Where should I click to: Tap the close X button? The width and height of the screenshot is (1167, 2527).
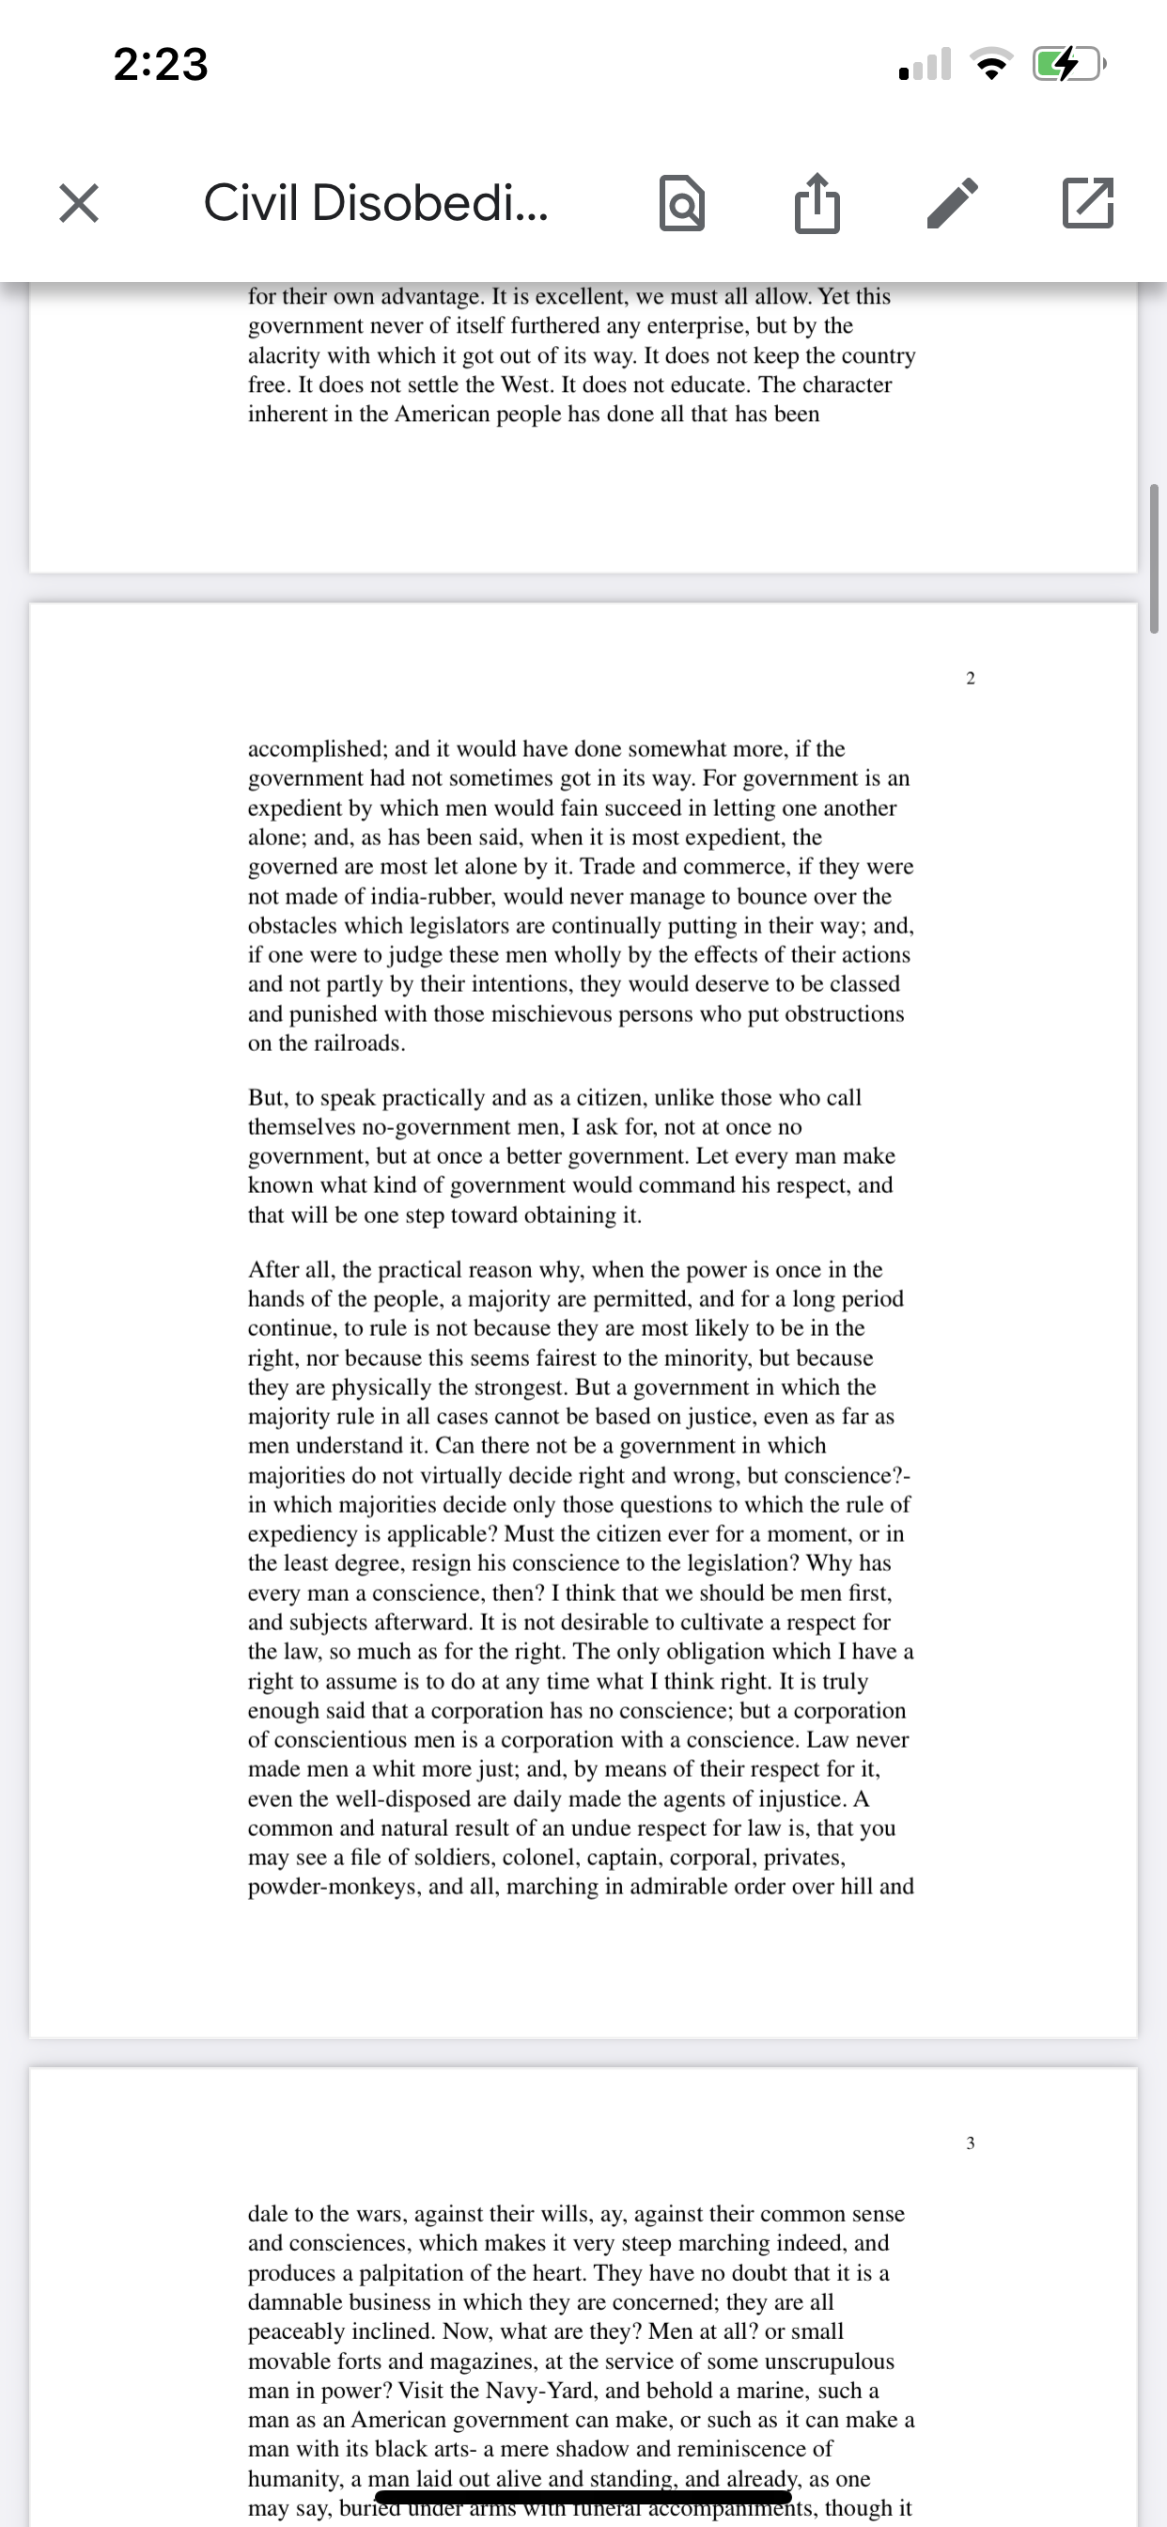[78, 203]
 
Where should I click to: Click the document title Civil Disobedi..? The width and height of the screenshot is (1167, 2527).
[375, 203]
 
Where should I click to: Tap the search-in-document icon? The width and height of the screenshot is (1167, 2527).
[681, 203]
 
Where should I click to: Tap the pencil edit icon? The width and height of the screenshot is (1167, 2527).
[952, 203]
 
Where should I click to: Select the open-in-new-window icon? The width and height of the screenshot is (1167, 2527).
[1087, 203]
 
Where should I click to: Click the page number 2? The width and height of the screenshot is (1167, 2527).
[970, 678]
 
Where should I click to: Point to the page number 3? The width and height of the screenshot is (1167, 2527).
[970, 2142]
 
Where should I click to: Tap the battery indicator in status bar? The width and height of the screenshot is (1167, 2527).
[1068, 65]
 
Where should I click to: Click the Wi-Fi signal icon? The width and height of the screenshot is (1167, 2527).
[991, 66]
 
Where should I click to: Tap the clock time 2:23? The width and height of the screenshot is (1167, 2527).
[161, 65]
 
